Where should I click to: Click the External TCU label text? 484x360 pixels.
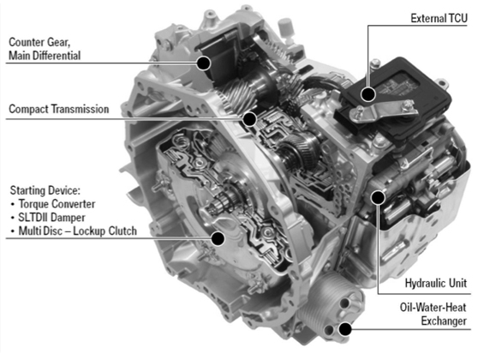439,18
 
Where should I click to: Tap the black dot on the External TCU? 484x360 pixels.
368,94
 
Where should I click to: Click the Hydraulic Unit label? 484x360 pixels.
435,283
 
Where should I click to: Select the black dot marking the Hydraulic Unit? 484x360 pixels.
377,197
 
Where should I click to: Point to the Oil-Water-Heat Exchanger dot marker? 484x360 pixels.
345,329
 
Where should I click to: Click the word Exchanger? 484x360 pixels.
444,321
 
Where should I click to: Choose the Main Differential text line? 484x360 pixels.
45,56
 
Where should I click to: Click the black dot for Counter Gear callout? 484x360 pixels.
203,63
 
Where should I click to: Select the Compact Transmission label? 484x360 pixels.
59,109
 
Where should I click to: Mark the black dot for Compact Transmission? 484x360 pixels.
249,118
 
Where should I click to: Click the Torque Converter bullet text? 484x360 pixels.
57,204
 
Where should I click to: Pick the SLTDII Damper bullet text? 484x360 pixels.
51,218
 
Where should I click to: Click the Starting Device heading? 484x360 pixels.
45,190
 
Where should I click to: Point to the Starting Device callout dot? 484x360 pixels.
218,238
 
